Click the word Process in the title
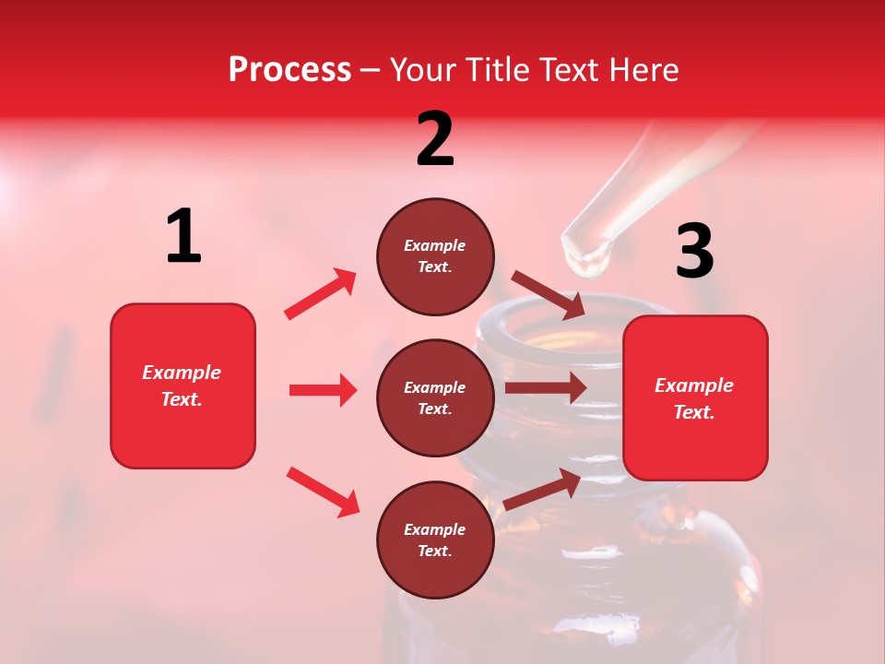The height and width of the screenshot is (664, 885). (289, 70)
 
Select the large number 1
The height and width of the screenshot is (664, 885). (183, 236)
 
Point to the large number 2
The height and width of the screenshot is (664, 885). (435, 139)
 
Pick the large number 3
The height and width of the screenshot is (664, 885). (694, 251)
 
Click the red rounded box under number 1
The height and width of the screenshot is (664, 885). (183, 385)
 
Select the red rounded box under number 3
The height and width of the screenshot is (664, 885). (695, 397)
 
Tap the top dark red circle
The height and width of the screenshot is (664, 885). (435, 256)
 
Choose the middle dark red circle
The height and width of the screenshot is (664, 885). (435, 397)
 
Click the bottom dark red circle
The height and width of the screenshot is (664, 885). (435, 539)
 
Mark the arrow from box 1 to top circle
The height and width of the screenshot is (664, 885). (321, 293)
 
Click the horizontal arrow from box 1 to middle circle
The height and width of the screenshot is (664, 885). (323, 390)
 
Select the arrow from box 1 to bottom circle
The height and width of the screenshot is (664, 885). (323, 491)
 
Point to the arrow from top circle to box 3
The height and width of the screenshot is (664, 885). (548, 294)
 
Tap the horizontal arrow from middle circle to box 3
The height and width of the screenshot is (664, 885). (546, 388)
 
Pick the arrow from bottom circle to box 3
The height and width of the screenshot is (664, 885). (542, 490)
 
